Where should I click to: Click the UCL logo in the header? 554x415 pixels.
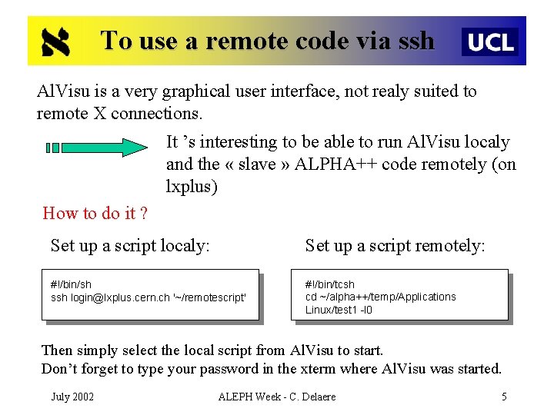pyautogui.click(x=489, y=41)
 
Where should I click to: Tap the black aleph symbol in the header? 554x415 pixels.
pyautogui.click(x=55, y=41)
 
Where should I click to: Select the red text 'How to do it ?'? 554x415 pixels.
pyautogui.click(x=95, y=213)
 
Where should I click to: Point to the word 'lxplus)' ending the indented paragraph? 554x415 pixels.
pyautogui.click(x=192, y=187)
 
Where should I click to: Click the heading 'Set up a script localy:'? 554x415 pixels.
pyautogui.click(x=130, y=245)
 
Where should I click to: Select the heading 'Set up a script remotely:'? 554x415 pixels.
pyautogui.click(x=395, y=245)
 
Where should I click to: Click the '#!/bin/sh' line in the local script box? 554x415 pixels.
pyautogui.click(x=71, y=284)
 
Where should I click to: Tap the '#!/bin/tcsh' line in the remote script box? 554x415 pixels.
pyautogui.click(x=329, y=284)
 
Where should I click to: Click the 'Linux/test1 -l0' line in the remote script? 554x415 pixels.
pyautogui.click(x=339, y=310)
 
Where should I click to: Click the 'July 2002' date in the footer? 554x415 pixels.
pyautogui.click(x=72, y=397)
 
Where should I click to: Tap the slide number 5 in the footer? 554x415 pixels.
pyautogui.click(x=504, y=397)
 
